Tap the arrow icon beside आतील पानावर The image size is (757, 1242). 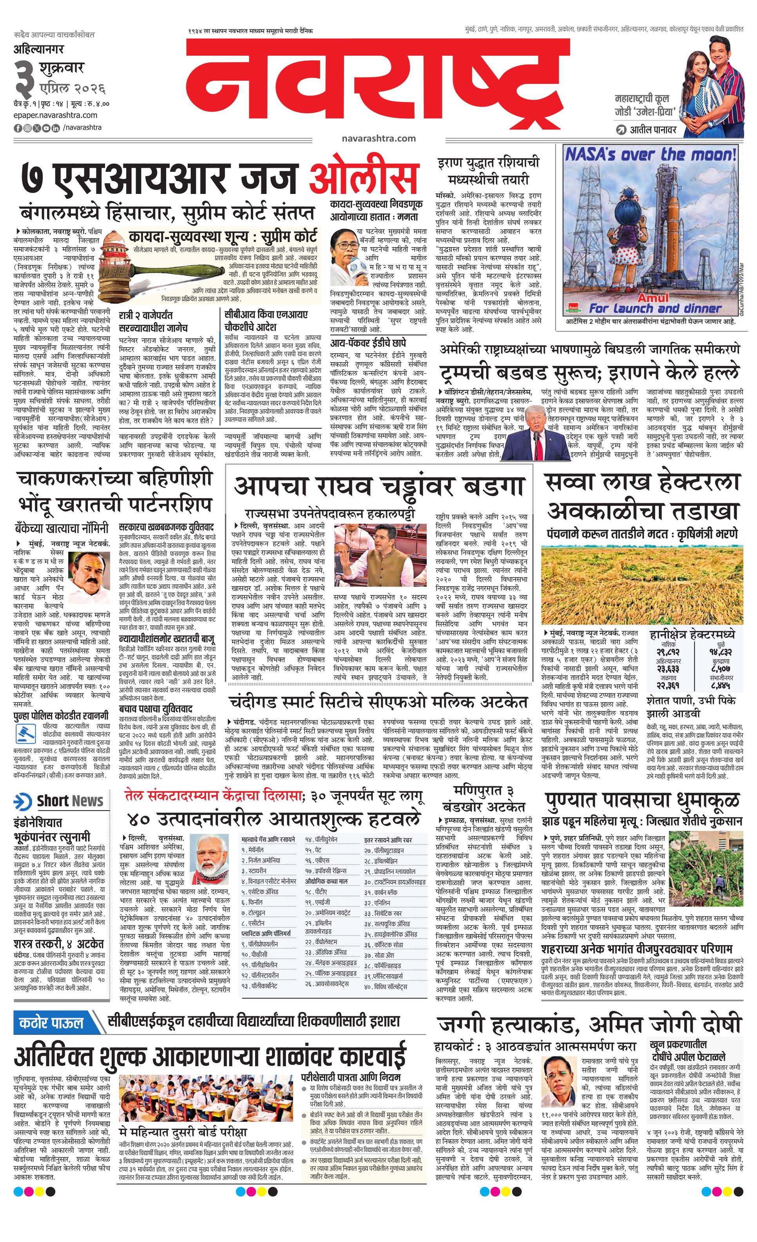(x=621, y=130)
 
